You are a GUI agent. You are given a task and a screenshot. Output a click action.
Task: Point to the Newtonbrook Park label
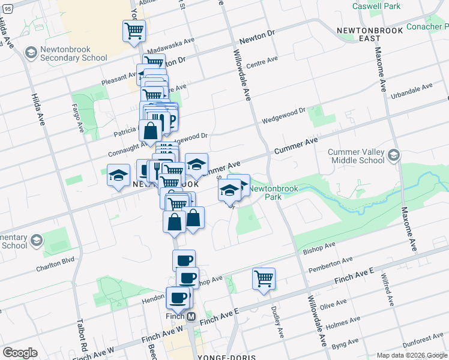(x=265, y=192)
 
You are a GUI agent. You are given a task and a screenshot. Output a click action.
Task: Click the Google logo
(x=20, y=353)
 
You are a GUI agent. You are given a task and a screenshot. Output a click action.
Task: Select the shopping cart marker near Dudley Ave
(x=264, y=279)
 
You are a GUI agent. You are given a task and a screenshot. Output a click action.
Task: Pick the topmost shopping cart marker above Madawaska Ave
(x=134, y=31)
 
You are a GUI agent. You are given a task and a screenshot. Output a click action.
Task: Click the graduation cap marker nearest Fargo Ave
(x=118, y=176)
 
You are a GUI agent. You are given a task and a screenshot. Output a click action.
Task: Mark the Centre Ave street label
(x=262, y=61)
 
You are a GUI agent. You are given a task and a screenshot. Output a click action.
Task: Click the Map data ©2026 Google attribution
(x=411, y=355)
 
